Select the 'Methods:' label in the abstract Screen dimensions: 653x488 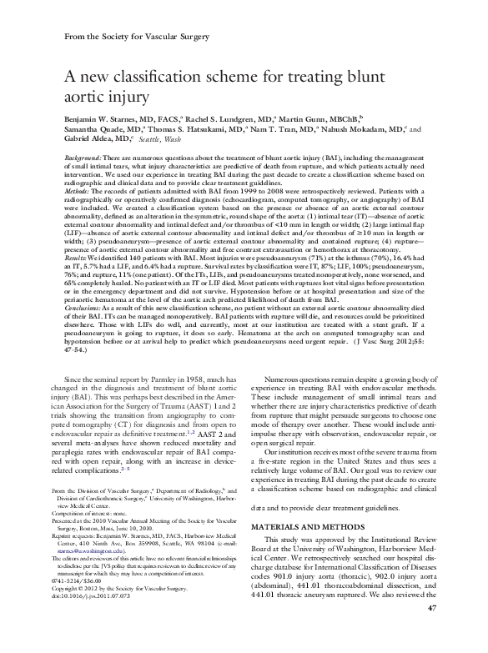(80, 191)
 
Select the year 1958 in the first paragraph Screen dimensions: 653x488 (194, 379)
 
